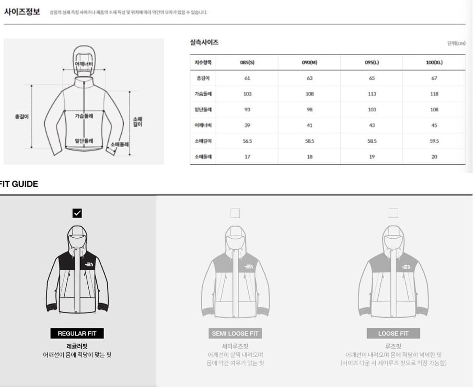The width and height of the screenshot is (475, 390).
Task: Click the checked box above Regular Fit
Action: coord(77,213)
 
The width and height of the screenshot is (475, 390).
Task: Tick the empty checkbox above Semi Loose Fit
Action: coord(235,213)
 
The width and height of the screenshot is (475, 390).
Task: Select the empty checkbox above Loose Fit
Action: coord(393,213)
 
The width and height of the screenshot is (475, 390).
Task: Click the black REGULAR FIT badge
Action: coord(77,334)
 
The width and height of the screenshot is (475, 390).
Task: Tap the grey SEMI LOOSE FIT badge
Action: coord(235,334)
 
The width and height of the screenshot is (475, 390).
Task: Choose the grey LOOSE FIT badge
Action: coord(393,334)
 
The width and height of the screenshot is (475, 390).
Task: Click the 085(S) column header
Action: coord(247,62)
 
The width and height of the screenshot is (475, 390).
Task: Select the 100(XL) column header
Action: coord(434,62)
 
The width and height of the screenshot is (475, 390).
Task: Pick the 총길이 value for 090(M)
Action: coord(309,78)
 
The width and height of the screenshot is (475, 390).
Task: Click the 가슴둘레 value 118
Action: coord(434,94)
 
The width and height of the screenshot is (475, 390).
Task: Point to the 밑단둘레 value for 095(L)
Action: coord(372,110)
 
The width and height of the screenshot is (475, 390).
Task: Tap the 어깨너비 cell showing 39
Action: coord(247,125)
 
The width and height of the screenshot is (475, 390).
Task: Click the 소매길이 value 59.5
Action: coord(434,141)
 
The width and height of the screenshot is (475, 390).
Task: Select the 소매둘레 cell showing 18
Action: coord(309,156)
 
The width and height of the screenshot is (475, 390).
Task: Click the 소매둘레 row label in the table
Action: coord(203,156)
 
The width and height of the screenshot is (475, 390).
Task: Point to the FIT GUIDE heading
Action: coord(19,184)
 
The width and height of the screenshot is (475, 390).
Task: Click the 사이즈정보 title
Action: coord(22,12)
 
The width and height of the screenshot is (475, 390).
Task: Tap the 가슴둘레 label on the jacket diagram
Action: coord(84,116)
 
